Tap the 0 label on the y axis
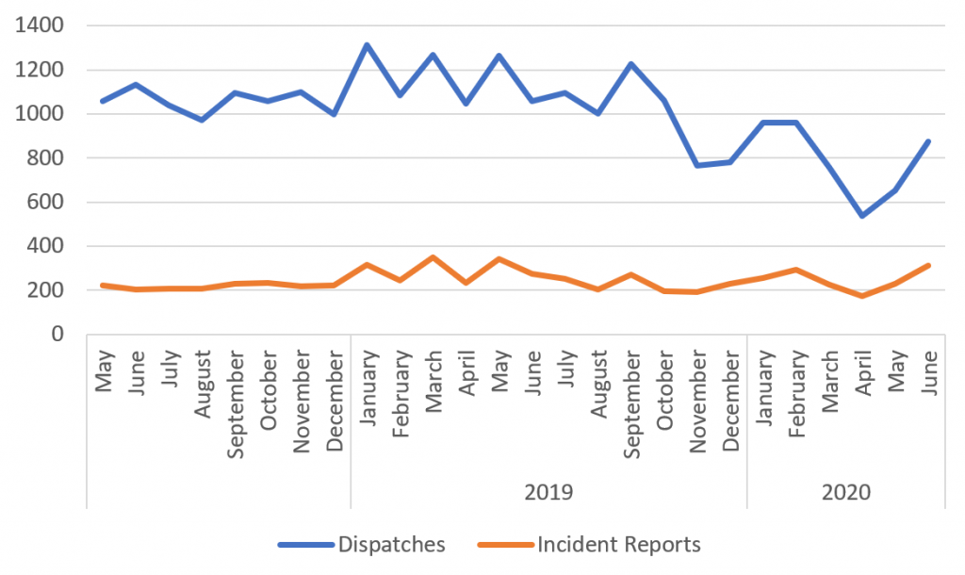(x=58, y=334)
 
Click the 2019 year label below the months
(x=548, y=493)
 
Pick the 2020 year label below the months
(x=845, y=493)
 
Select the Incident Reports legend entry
(x=618, y=544)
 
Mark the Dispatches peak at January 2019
(x=367, y=44)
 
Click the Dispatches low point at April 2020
(x=861, y=216)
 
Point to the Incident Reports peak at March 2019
(x=433, y=256)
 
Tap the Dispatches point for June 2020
(x=928, y=141)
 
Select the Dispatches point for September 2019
(x=631, y=64)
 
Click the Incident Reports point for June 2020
(x=928, y=265)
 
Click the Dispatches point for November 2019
(x=697, y=165)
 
